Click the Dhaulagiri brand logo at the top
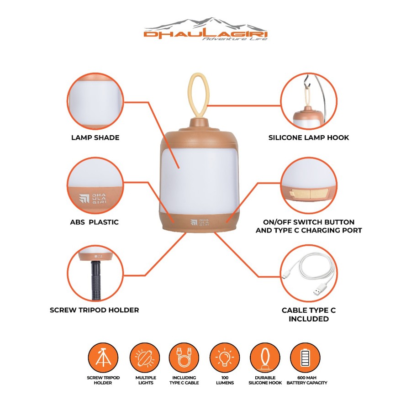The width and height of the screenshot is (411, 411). (205, 29)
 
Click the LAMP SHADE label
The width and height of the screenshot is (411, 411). (95, 137)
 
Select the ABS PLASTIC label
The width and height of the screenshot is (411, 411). (95, 222)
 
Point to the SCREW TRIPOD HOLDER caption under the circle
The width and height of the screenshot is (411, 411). (95, 310)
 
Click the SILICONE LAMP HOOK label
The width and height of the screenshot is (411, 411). (309, 137)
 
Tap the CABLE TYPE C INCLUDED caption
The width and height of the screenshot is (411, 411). (309, 315)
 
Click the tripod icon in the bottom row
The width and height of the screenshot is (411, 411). (103, 358)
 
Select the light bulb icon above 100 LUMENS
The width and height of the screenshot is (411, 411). (225, 358)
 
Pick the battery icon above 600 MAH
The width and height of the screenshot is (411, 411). (306, 358)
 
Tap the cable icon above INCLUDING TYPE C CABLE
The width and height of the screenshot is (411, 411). (184, 358)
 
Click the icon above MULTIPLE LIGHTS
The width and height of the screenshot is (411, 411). (145, 358)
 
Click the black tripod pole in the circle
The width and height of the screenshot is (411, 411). (95, 280)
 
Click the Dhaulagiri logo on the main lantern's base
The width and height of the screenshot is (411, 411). (200, 222)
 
